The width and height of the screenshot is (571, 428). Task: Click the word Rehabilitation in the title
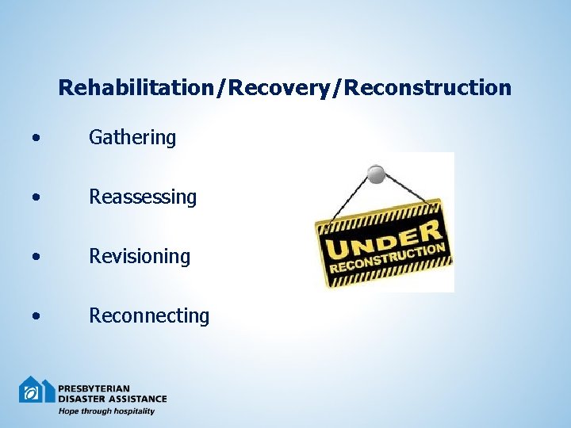click(142, 87)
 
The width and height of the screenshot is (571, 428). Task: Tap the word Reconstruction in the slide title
click(429, 87)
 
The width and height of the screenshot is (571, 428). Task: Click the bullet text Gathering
click(132, 138)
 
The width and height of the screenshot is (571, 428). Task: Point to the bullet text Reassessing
click(143, 197)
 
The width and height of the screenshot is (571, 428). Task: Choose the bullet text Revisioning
click(140, 256)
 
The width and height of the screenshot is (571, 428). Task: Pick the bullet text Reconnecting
click(149, 315)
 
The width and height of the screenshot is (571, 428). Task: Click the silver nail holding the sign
click(377, 173)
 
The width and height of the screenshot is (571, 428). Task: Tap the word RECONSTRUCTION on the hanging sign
click(389, 259)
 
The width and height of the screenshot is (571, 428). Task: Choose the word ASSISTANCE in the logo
click(137, 399)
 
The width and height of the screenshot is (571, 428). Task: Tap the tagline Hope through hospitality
click(106, 411)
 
